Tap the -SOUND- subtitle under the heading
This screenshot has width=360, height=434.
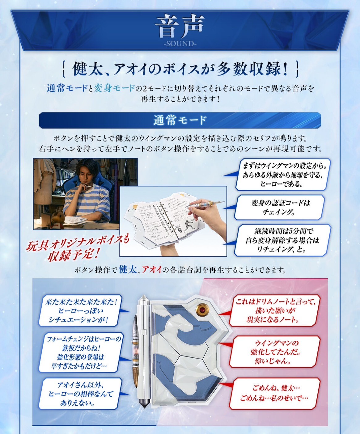point(180,44)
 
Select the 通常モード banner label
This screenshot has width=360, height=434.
point(180,120)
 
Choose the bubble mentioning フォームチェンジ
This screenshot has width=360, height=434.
point(81,352)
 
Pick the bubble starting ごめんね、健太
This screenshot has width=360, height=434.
point(274,393)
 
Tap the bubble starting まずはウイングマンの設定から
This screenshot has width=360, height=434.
point(282,175)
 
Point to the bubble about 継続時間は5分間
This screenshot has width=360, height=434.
point(282,240)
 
